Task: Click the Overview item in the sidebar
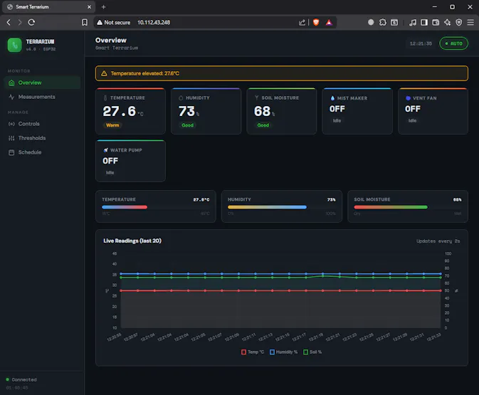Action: click(30, 83)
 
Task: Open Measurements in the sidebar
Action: click(36, 97)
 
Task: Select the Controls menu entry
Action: click(28, 124)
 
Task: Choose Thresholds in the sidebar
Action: click(31, 138)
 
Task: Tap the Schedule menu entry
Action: click(29, 152)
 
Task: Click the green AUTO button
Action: click(453, 43)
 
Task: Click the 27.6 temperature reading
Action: click(119, 112)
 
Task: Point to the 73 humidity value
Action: click(186, 112)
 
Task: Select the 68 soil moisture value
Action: click(262, 112)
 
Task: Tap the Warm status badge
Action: click(112, 125)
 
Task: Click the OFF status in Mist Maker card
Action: click(337, 109)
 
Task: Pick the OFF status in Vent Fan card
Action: click(412, 109)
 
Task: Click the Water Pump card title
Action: click(124, 150)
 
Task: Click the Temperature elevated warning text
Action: click(144, 73)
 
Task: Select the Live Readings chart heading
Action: click(132, 241)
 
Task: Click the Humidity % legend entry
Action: click(285, 352)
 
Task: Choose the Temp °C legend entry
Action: click(253, 352)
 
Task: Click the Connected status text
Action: click(23, 380)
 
